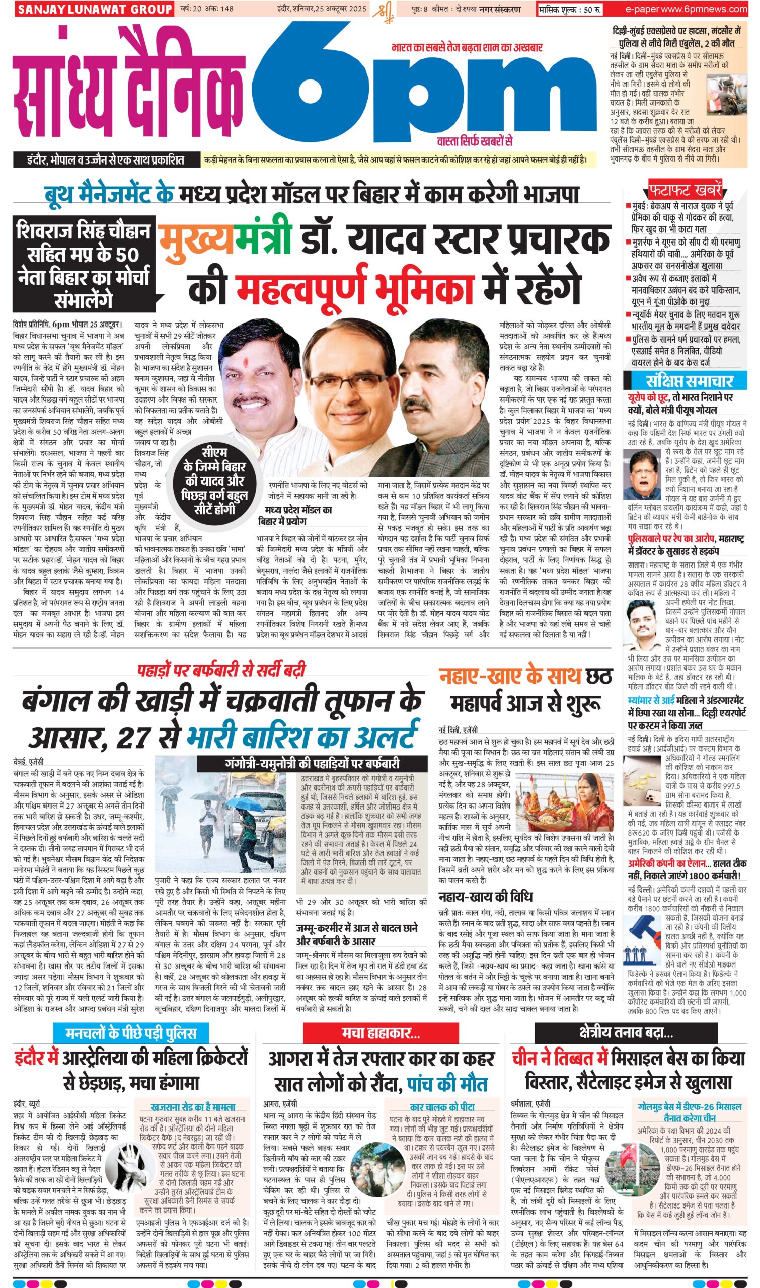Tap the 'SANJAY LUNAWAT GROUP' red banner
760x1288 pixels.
[x=94, y=9]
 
